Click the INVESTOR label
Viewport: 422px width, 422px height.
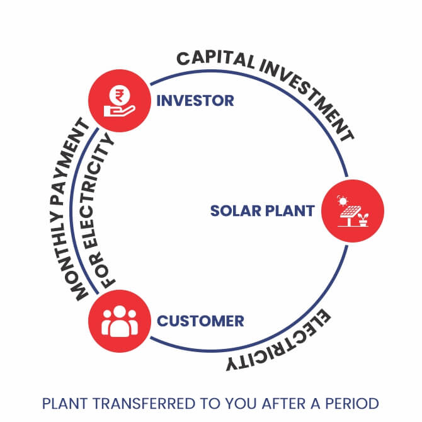(195, 101)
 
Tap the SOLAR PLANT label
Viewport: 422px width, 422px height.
(261, 210)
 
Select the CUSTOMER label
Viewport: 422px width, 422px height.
(200, 321)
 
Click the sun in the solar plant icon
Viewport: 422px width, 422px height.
(342, 201)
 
